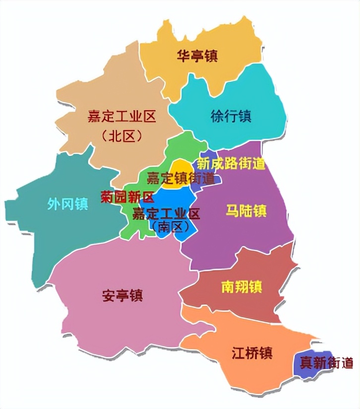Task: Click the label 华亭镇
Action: pyautogui.click(x=197, y=56)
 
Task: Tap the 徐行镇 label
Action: pyautogui.click(x=231, y=117)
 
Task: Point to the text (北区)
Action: pyautogui.click(x=121, y=136)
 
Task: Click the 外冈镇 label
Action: pyautogui.click(x=68, y=204)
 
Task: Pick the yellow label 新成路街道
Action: pyautogui.click(x=231, y=163)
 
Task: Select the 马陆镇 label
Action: pyautogui.click(x=246, y=210)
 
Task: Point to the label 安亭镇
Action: pyautogui.click(x=122, y=296)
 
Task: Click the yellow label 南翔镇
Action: pyautogui.click(x=241, y=287)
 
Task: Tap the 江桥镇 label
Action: pyautogui.click(x=252, y=353)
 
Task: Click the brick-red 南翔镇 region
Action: pyautogui.click(x=268, y=303)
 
